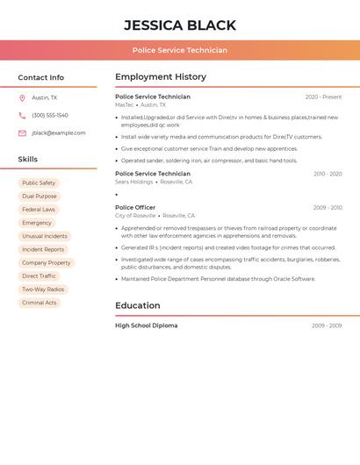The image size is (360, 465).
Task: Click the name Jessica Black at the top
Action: pyautogui.click(x=180, y=25)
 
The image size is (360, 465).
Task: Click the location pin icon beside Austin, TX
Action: pyautogui.click(x=22, y=98)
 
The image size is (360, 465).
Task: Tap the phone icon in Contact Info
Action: pyautogui.click(x=22, y=116)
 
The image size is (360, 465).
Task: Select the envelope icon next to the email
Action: pyautogui.click(x=22, y=133)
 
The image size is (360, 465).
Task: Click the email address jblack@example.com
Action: pyautogui.click(x=59, y=133)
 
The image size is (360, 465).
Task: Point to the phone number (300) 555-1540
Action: pyautogui.click(x=50, y=116)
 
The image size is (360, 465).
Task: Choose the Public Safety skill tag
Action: pyautogui.click(x=39, y=183)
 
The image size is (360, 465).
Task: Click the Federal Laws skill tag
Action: pyautogui.click(x=39, y=210)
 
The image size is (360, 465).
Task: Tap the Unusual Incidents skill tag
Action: pyautogui.click(x=45, y=236)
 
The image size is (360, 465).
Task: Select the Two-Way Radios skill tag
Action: pyautogui.click(x=43, y=290)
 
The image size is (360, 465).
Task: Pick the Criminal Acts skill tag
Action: pyautogui.click(x=40, y=303)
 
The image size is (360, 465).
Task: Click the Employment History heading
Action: pyautogui.click(x=161, y=77)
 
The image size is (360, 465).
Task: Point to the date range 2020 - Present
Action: pyautogui.click(x=323, y=97)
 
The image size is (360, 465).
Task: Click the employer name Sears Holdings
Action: pyautogui.click(x=134, y=182)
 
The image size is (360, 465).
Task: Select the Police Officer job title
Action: pyautogui.click(x=135, y=208)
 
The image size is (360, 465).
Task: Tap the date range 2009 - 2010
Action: pyautogui.click(x=328, y=208)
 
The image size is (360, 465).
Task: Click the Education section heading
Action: pyautogui.click(x=138, y=306)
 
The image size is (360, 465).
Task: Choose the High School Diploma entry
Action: pyautogui.click(x=146, y=325)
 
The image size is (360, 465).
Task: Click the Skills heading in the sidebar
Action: pyautogui.click(x=28, y=160)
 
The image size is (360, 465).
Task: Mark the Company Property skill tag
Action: pyautogui.click(x=47, y=263)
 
